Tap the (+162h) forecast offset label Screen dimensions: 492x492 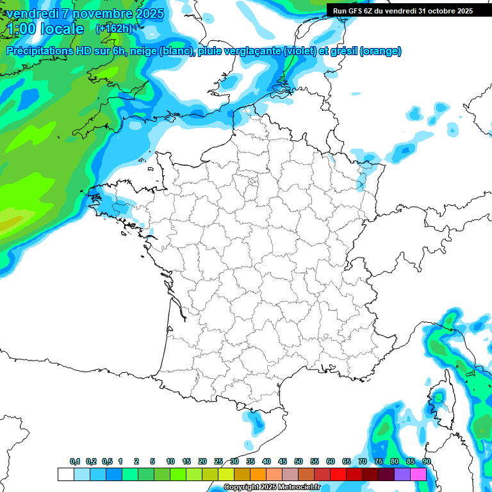tap(113, 28)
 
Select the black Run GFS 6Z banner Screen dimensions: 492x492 tap(402, 10)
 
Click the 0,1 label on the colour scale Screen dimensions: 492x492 tap(75, 461)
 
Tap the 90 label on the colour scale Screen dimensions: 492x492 tap(427, 461)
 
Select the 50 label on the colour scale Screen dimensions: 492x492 tap(299, 461)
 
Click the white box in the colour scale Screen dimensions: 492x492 tap(65, 474)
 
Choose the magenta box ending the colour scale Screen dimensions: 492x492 tap(418, 474)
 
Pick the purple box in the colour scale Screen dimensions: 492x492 tap(402, 474)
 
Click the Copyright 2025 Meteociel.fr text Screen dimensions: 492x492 tap(272, 487)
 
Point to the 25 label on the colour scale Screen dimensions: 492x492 tap(218, 461)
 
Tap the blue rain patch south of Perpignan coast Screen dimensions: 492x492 tap(256, 421)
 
